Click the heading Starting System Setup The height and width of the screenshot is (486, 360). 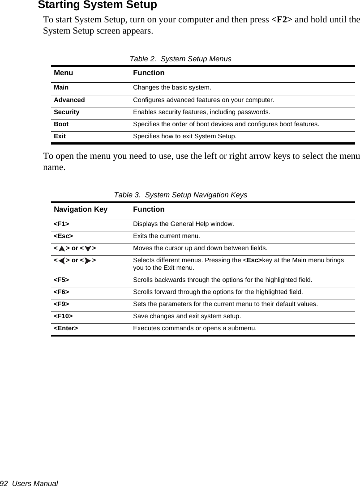[97, 5]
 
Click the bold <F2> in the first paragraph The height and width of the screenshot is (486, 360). [282, 20]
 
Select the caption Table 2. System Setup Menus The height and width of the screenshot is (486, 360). [180, 59]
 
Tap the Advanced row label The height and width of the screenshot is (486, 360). [69, 100]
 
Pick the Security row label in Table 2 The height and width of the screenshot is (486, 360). [66, 112]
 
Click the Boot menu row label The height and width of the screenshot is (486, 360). [61, 124]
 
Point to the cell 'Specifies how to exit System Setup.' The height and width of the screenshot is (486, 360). [184, 136]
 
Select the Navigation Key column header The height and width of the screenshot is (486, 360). [81, 209]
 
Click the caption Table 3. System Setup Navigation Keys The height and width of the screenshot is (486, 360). [180, 195]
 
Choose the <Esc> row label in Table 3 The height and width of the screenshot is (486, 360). [63, 236]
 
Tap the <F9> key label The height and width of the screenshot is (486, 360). [61, 304]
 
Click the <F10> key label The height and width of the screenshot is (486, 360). [63, 316]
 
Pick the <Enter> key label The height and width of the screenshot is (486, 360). [66, 328]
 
